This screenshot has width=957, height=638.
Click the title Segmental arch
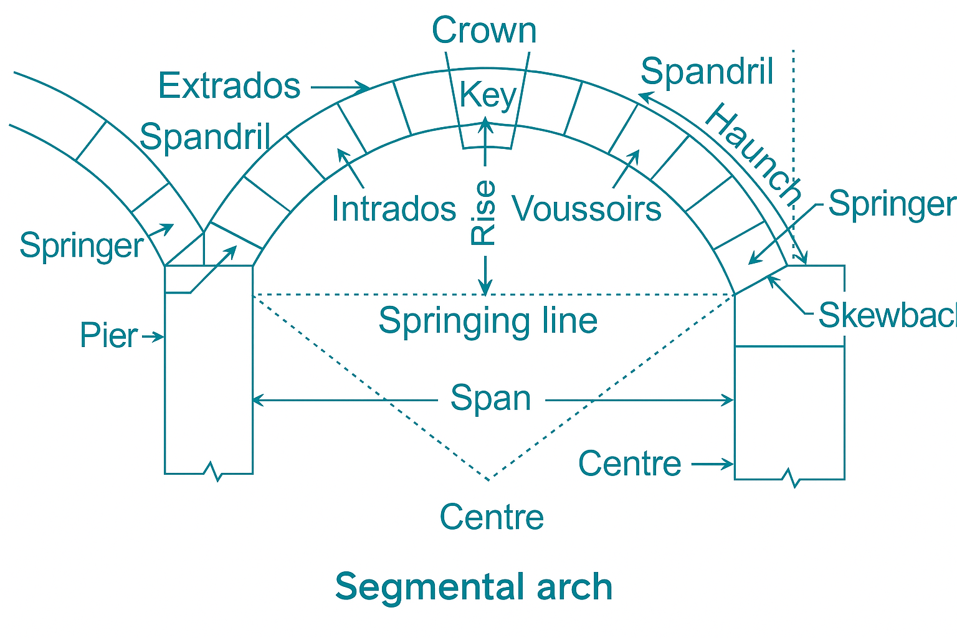[474, 587]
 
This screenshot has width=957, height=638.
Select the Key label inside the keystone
[488, 96]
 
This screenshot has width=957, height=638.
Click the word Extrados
[229, 85]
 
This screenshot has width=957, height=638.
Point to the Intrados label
[394, 208]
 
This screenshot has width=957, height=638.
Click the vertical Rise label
[484, 212]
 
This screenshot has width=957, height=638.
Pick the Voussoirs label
[586, 208]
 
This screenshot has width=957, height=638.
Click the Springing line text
[488, 320]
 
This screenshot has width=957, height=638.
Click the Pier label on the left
[108, 336]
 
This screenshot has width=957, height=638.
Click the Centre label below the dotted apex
[492, 517]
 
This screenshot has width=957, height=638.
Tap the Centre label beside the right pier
[630, 464]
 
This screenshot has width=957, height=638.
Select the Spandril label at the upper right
[707, 71]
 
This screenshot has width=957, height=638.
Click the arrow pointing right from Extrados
[340, 87]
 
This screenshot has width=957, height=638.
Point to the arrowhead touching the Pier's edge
[160, 337]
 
